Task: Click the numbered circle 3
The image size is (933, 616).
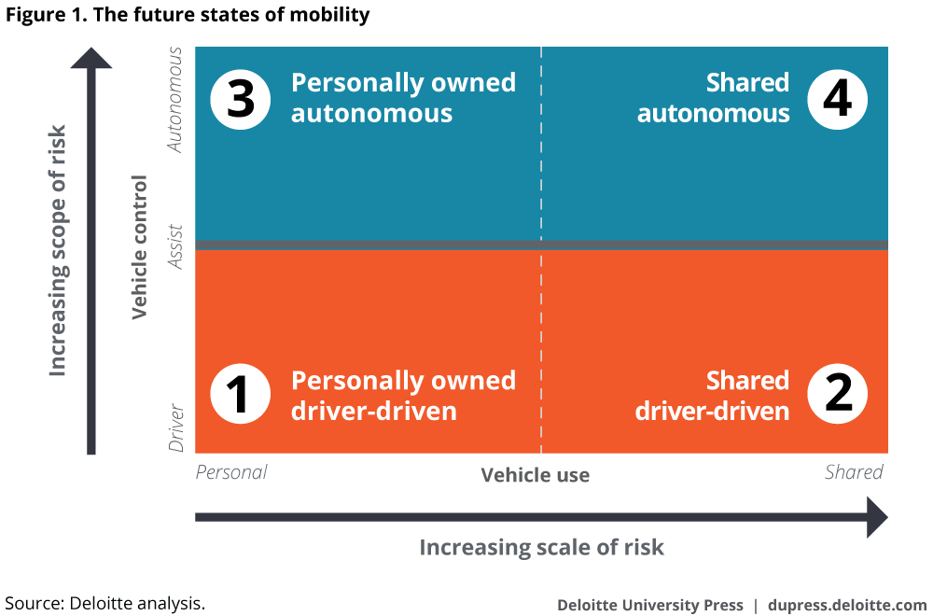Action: click(241, 99)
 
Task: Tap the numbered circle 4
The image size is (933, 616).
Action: click(837, 99)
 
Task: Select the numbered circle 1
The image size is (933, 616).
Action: click(241, 394)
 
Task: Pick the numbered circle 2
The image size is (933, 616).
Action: click(837, 394)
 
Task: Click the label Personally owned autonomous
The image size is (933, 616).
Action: click(403, 98)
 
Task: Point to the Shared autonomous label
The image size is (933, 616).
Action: click(714, 98)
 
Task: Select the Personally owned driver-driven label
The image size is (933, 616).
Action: click(403, 396)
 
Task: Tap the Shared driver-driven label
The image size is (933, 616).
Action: click(712, 396)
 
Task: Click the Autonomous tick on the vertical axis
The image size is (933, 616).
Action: click(175, 100)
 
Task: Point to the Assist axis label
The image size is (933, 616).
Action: click(175, 246)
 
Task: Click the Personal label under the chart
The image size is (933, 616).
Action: click(231, 472)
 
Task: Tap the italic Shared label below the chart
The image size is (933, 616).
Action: click(854, 472)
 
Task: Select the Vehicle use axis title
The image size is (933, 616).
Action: click(536, 475)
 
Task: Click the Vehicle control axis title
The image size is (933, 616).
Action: click(139, 247)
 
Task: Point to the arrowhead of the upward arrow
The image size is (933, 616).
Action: click(91, 58)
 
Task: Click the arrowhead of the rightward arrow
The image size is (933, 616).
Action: click(877, 517)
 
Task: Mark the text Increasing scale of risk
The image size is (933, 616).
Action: click(541, 548)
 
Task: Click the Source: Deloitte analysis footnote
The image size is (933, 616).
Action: click(104, 603)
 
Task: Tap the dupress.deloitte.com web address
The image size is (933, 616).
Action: click(847, 606)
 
